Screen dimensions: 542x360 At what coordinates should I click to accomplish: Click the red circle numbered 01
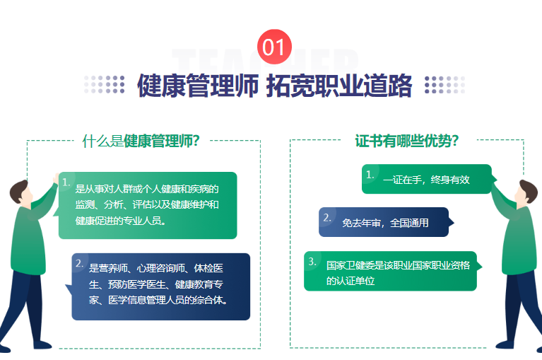coord(274,47)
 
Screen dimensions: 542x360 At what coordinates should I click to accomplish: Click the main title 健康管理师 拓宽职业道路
coord(274,86)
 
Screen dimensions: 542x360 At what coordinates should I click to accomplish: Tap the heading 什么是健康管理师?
coord(141,141)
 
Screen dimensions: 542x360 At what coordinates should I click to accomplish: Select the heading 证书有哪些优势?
coord(407,141)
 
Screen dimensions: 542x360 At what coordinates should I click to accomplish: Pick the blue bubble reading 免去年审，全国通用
coord(386,222)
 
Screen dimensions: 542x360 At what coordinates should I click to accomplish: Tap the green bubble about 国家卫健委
coord(392,271)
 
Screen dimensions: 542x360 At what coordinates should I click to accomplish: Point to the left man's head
coord(20,192)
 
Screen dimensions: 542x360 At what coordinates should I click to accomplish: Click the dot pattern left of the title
coord(104,84)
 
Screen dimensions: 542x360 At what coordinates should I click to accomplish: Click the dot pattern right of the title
coord(445,84)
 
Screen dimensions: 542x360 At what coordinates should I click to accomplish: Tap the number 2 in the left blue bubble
coord(79,264)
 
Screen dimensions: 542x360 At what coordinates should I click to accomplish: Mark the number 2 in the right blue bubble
coord(327,218)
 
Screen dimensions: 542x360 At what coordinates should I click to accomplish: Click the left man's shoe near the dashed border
coord(42,344)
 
